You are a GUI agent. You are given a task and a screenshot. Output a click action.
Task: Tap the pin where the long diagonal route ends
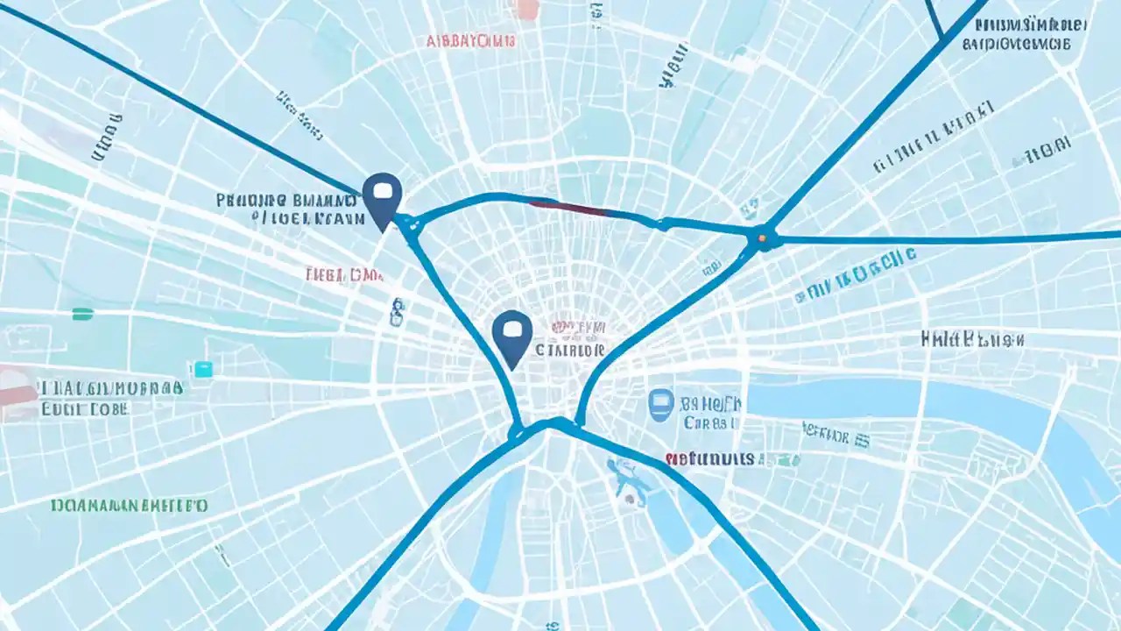[x=382, y=195]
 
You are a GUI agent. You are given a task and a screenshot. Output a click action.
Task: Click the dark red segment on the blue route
[x=567, y=207]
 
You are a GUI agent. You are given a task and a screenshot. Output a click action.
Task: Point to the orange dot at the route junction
[x=763, y=236]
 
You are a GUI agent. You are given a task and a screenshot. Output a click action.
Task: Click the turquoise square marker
[x=203, y=370]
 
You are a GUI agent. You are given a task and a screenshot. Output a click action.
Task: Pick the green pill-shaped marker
[x=82, y=313]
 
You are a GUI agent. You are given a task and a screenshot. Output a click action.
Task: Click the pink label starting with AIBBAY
[x=470, y=40]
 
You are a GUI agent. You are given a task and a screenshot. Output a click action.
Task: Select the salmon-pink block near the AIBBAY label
[x=527, y=9]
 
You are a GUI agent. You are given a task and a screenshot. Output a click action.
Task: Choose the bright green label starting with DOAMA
[x=129, y=506]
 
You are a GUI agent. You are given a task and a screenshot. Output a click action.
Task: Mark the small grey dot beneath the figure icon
[x=629, y=500]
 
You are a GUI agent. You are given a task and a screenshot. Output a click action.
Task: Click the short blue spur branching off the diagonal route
[x=934, y=18]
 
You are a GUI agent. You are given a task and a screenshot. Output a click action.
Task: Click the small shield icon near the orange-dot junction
[x=750, y=208]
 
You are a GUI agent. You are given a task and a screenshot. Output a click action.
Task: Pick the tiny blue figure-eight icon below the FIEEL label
[x=397, y=310]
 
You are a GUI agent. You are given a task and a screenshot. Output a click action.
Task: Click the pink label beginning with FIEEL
[x=344, y=275]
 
